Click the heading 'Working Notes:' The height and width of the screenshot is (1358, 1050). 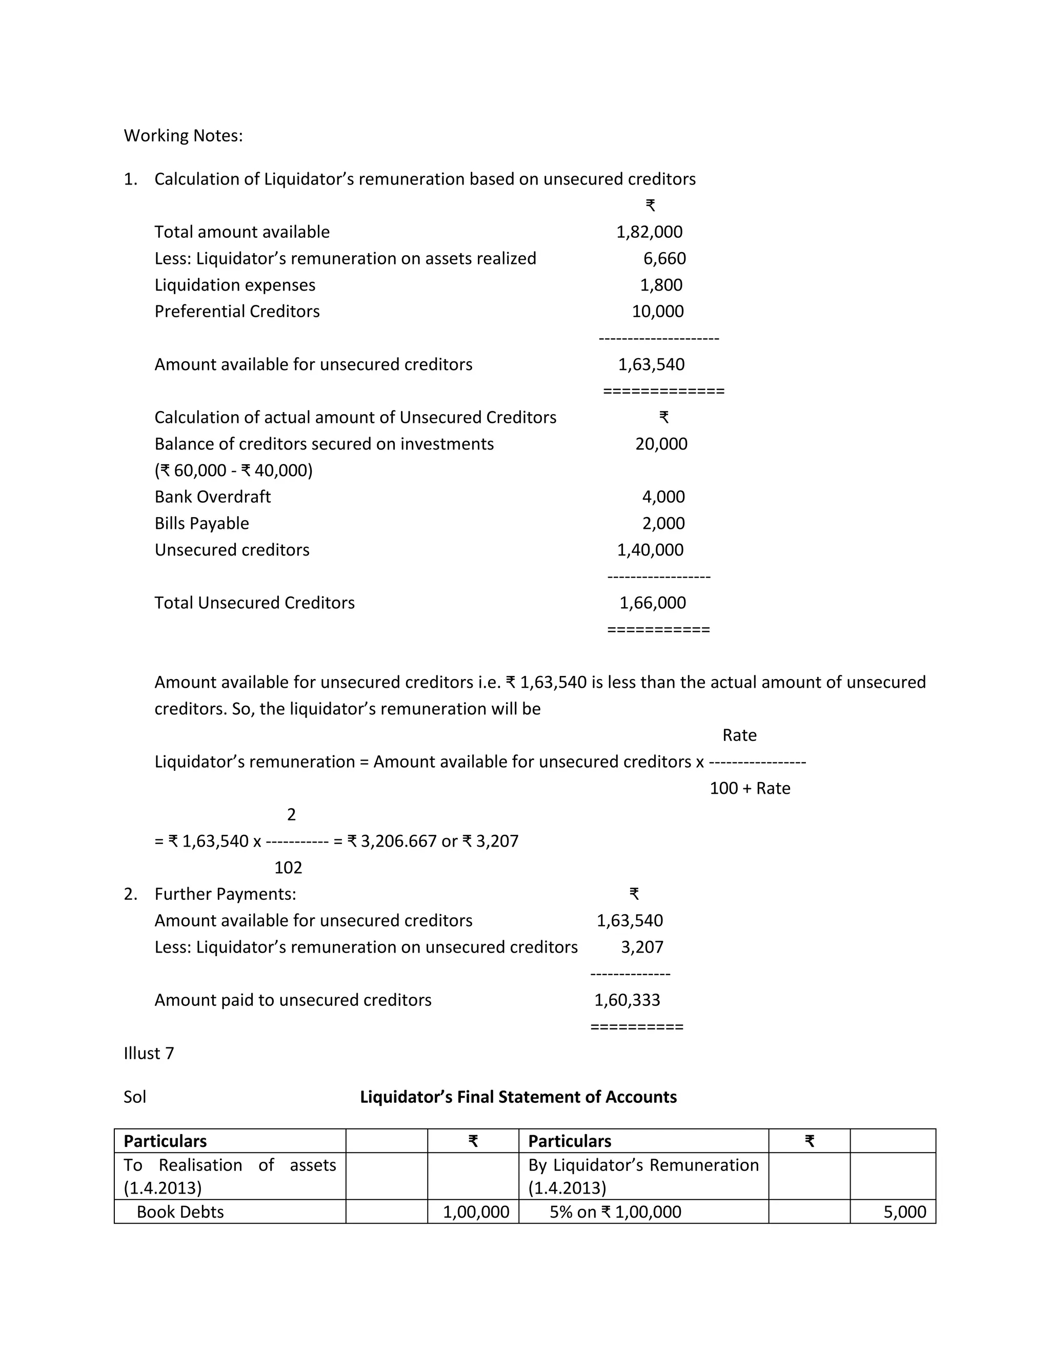click(x=183, y=136)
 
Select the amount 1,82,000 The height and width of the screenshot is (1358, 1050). click(x=649, y=232)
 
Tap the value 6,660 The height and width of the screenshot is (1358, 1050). click(x=664, y=259)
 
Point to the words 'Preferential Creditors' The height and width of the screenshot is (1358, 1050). click(x=237, y=312)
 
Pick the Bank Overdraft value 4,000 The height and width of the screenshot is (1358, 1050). click(x=663, y=497)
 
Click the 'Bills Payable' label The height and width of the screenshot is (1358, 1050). click(x=201, y=524)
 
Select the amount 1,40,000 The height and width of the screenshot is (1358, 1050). click(x=650, y=550)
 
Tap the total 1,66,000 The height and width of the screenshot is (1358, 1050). click(x=653, y=603)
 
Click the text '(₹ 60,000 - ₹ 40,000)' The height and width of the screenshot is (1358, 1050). click(x=233, y=470)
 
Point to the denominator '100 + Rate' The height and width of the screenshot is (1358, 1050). click(x=750, y=789)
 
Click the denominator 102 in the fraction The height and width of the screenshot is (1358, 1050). click(x=288, y=868)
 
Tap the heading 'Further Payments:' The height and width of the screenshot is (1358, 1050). click(x=225, y=894)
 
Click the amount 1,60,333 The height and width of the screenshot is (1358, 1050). click(x=627, y=1000)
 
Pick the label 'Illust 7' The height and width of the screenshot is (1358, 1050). click(x=149, y=1053)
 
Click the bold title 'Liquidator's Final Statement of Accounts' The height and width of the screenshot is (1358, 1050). click(x=518, y=1097)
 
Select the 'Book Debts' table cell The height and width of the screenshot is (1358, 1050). click(x=180, y=1212)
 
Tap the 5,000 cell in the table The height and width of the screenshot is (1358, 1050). click(x=904, y=1212)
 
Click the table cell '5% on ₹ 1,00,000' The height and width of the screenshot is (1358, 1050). click(x=615, y=1212)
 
